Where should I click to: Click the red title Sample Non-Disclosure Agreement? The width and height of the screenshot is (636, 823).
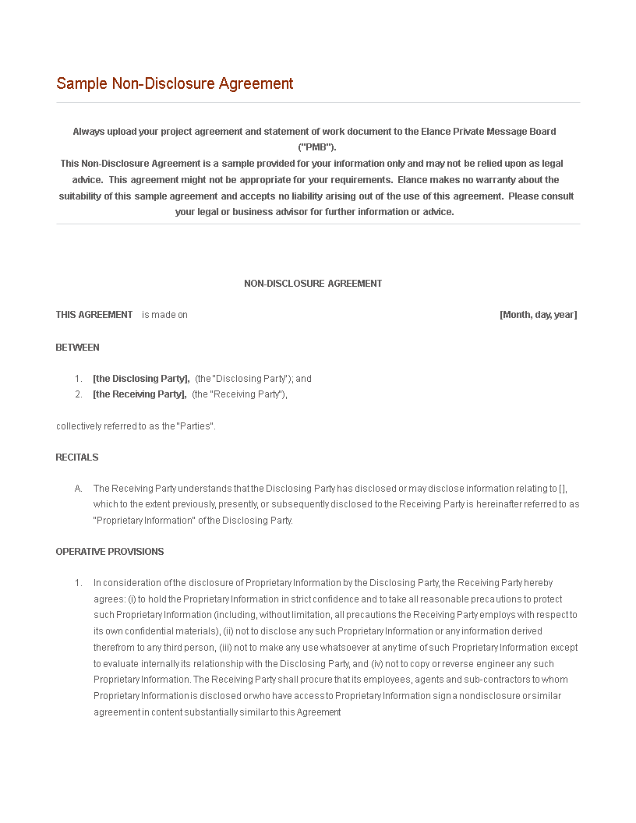click(x=175, y=83)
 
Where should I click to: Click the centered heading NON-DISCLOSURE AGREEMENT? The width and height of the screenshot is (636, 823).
click(x=313, y=284)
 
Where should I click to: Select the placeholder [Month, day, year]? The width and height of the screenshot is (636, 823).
click(x=538, y=315)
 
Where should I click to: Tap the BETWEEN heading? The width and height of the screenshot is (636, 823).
click(x=77, y=348)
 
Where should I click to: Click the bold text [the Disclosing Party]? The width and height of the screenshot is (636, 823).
click(x=141, y=379)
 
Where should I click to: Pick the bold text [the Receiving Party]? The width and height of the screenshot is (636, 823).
click(x=140, y=394)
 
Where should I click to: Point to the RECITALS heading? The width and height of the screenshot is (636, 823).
click(x=77, y=457)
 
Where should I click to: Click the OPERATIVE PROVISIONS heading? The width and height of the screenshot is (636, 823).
click(x=110, y=552)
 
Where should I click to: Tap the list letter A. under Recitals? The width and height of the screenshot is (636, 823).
click(x=79, y=489)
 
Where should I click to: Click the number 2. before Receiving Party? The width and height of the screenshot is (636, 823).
click(x=79, y=394)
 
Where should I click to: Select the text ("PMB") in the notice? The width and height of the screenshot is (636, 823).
click(x=317, y=147)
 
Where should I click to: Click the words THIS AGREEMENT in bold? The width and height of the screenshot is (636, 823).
click(x=94, y=315)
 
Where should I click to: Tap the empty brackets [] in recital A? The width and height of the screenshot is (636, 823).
click(x=563, y=489)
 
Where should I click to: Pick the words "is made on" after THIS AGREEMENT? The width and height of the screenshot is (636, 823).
click(x=164, y=315)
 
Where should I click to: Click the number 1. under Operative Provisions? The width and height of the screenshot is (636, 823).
click(x=79, y=583)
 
